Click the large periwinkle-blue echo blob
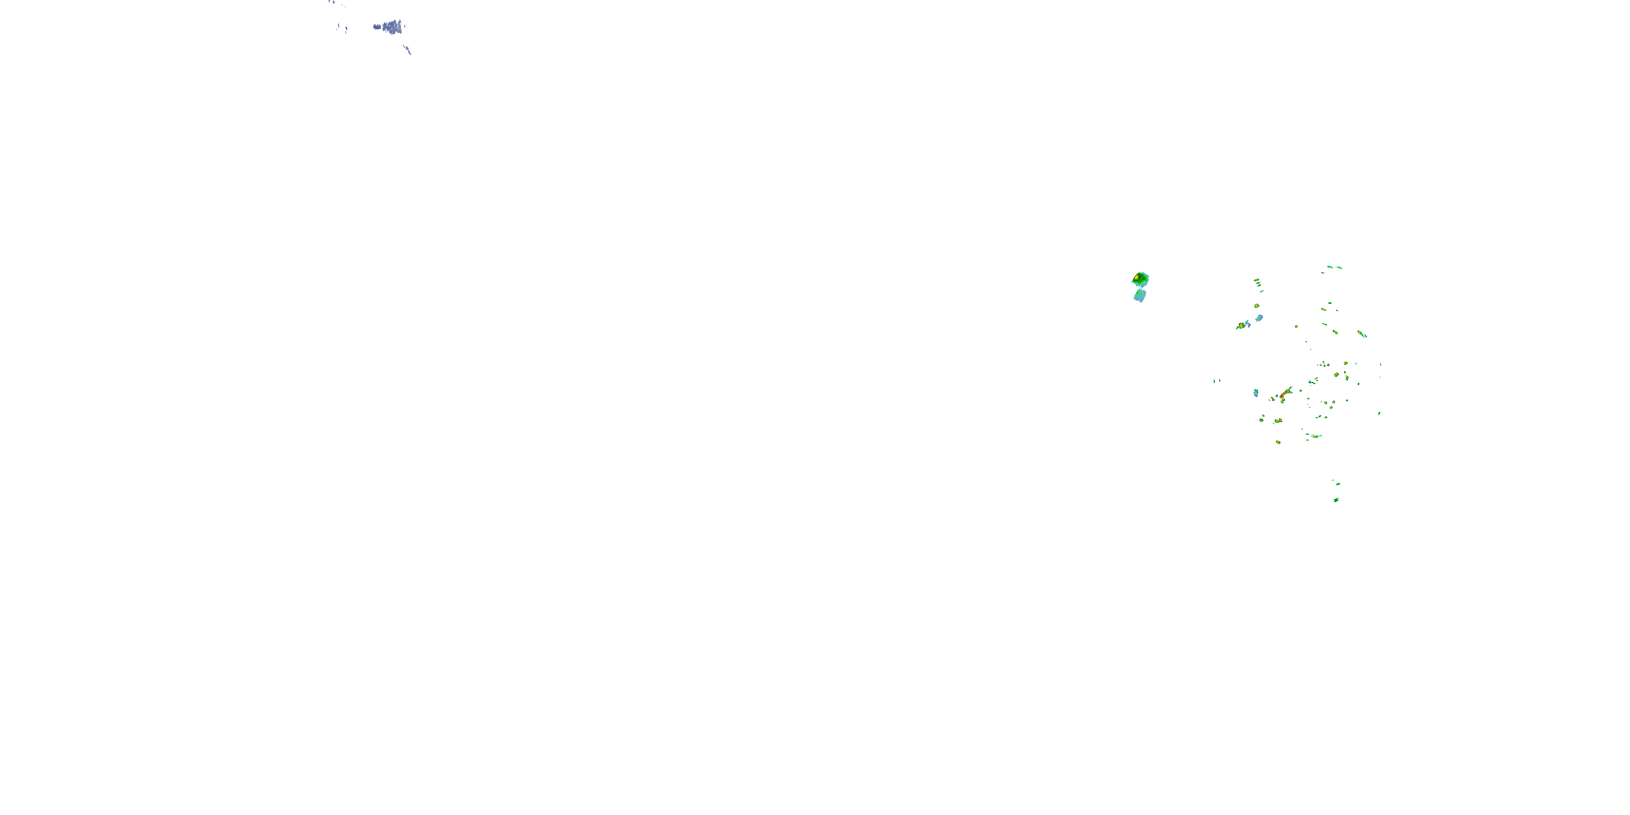click(392, 27)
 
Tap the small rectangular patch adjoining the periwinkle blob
click(377, 27)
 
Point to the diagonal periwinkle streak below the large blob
click(407, 49)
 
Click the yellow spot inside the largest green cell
click(1137, 277)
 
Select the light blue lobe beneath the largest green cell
click(1139, 296)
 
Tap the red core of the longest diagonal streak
click(1284, 394)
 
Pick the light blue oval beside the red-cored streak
click(1256, 393)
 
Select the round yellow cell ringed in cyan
click(1257, 305)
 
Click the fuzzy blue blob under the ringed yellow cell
click(1259, 318)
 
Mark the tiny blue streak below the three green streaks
click(1261, 291)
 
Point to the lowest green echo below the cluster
click(1336, 500)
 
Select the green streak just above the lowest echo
click(1337, 484)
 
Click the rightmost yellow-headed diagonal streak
click(1362, 334)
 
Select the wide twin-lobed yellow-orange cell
click(1277, 421)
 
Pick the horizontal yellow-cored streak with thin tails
click(1314, 436)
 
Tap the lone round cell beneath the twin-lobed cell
click(1278, 442)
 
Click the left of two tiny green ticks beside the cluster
click(1214, 381)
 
